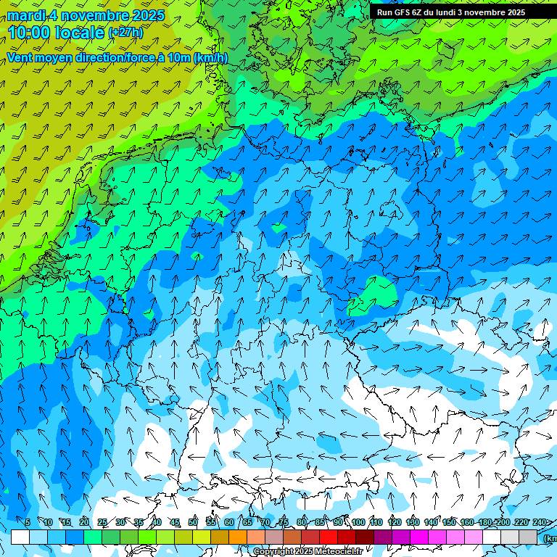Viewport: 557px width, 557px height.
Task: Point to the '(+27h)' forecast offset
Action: (x=125, y=33)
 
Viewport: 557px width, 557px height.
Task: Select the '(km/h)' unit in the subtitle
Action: (x=210, y=57)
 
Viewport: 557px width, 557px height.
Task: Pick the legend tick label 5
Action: (x=28, y=522)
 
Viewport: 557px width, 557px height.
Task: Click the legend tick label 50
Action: (x=193, y=522)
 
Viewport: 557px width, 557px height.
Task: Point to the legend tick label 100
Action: (x=358, y=522)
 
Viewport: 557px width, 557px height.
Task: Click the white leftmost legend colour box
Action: (x=20, y=537)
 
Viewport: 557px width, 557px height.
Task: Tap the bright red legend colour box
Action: (x=329, y=537)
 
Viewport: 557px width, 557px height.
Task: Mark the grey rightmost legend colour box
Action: (x=528, y=537)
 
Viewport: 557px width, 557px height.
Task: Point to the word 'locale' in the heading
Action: (x=80, y=33)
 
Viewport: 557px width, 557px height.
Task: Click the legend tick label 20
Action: (x=84, y=522)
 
